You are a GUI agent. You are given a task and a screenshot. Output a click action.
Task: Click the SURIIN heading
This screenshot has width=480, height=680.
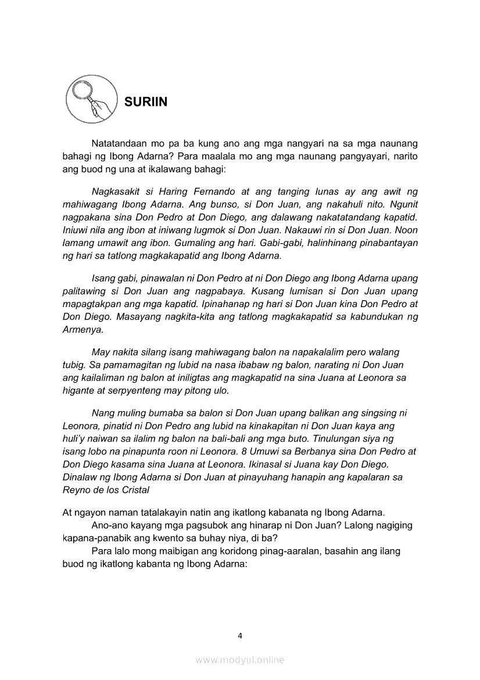coord(146,102)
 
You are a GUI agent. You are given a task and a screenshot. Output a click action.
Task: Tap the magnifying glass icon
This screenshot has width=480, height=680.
coord(89,97)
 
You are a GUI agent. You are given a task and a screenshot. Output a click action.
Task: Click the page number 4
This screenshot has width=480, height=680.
coord(240,636)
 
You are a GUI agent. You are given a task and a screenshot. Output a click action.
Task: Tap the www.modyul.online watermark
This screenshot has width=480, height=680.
coord(239,660)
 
